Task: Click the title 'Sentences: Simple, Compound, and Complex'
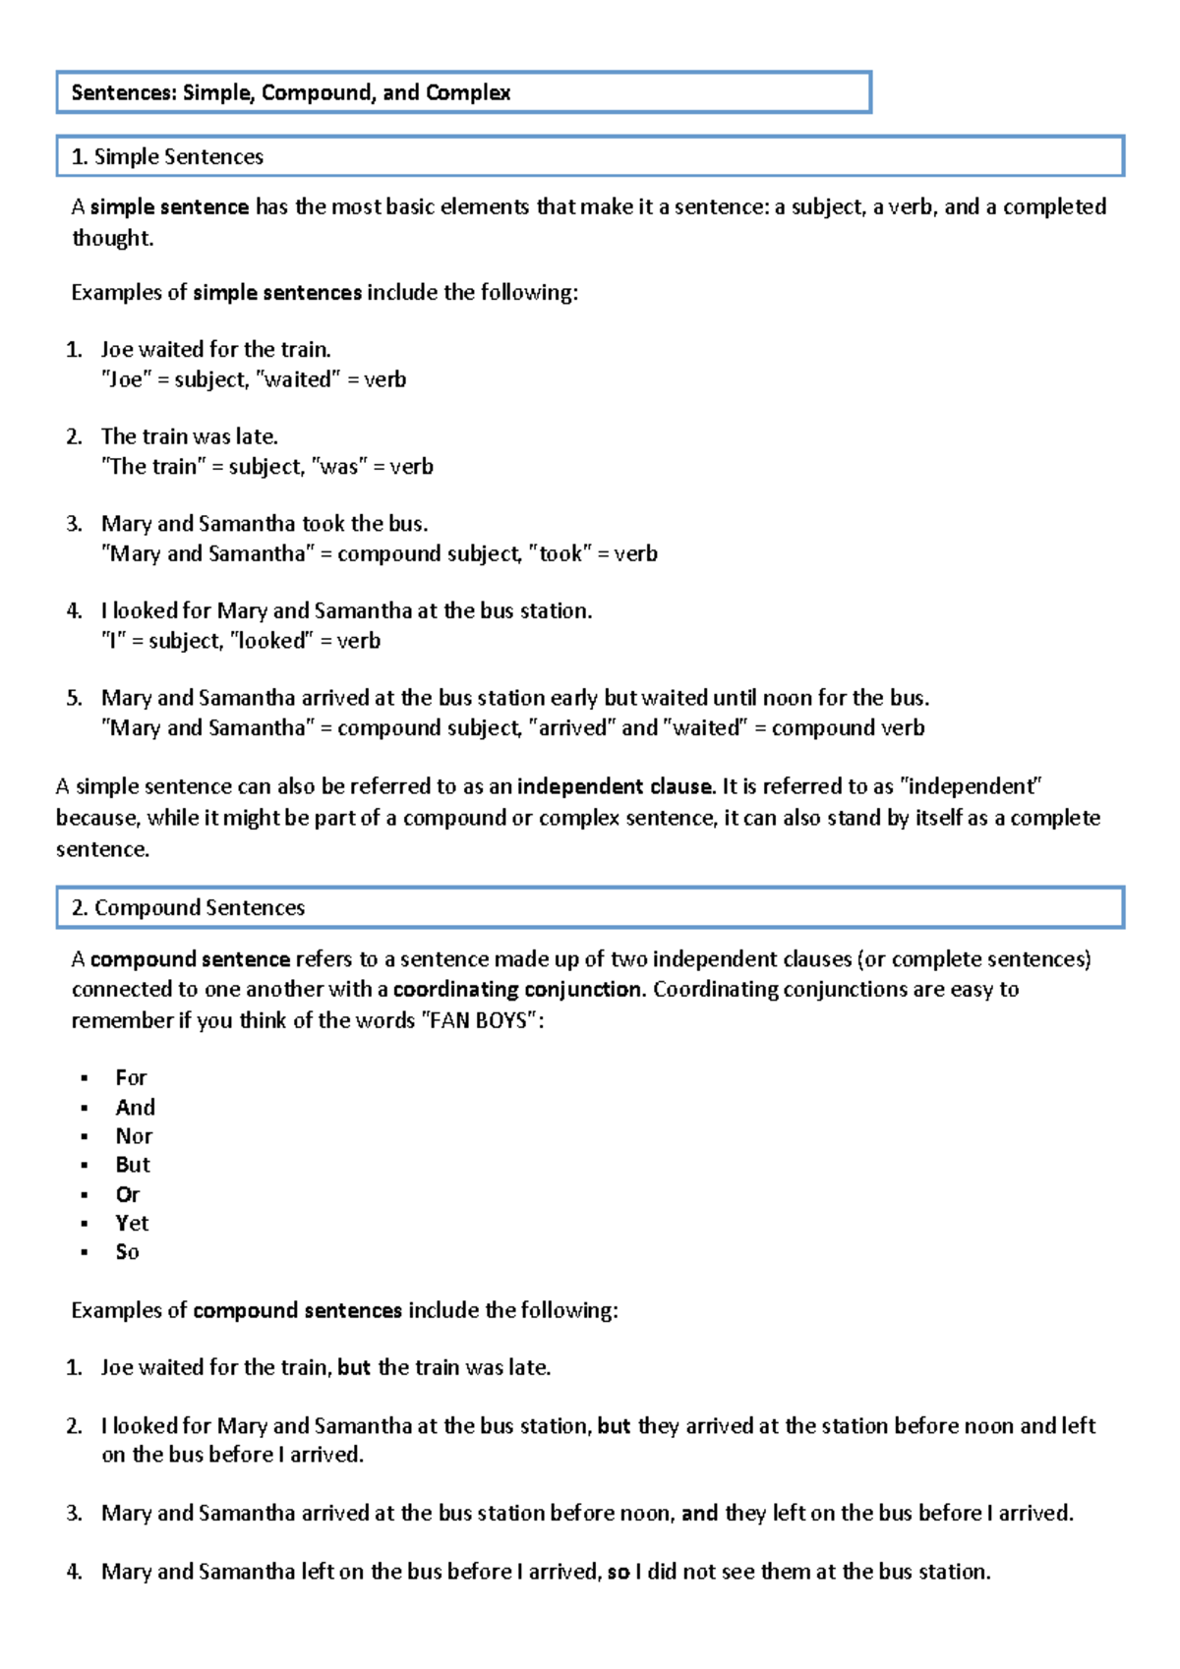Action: [290, 92]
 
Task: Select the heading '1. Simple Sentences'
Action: [168, 156]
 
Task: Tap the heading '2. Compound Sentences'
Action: [189, 907]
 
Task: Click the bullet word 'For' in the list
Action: [131, 1077]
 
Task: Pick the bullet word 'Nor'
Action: [134, 1135]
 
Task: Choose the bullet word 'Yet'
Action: [132, 1223]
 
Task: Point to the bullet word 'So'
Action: [127, 1251]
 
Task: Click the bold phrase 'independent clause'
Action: [615, 786]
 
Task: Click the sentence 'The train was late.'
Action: [190, 436]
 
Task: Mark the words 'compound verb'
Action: [848, 727]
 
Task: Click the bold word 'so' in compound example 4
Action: [619, 1571]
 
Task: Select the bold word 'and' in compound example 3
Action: [699, 1513]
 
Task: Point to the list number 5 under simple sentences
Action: [75, 698]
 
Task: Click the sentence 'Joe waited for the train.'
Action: [216, 349]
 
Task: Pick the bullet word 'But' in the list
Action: [133, 1165]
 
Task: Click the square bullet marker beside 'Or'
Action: [85, 1195]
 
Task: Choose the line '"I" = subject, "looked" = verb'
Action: [241, 641]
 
